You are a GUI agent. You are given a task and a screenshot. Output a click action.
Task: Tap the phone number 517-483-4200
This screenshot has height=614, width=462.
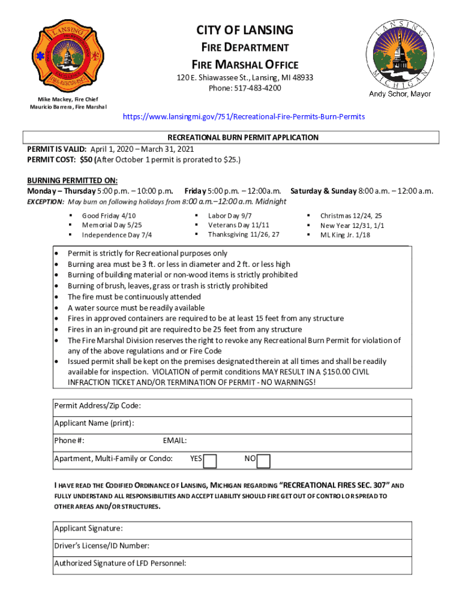[x=245, y=88]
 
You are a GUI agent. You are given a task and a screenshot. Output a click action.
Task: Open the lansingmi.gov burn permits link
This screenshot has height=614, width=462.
[x=243, y=116]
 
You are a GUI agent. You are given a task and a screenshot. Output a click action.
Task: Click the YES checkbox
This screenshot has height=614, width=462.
[x=210, y=460]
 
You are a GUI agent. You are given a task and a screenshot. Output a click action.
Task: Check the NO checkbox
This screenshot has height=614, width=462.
[x=263, y=460]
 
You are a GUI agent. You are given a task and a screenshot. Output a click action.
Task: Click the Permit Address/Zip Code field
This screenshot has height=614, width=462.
[x=276, y=407]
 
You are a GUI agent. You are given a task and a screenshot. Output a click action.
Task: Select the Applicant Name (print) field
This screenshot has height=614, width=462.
[x=276, y=424]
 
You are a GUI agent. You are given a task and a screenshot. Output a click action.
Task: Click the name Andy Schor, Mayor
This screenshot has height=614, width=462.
[x=400, y=94]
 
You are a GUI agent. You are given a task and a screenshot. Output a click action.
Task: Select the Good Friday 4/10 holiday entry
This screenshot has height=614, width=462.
[x=109, y=215]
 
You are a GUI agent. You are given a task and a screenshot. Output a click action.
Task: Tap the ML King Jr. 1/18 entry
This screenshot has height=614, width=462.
[x=345, y=234]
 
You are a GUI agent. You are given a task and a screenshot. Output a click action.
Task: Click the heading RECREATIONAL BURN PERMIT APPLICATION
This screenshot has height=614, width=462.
[x=242, y=137]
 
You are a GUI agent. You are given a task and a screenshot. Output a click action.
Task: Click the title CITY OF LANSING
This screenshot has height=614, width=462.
[x=245, y=30]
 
